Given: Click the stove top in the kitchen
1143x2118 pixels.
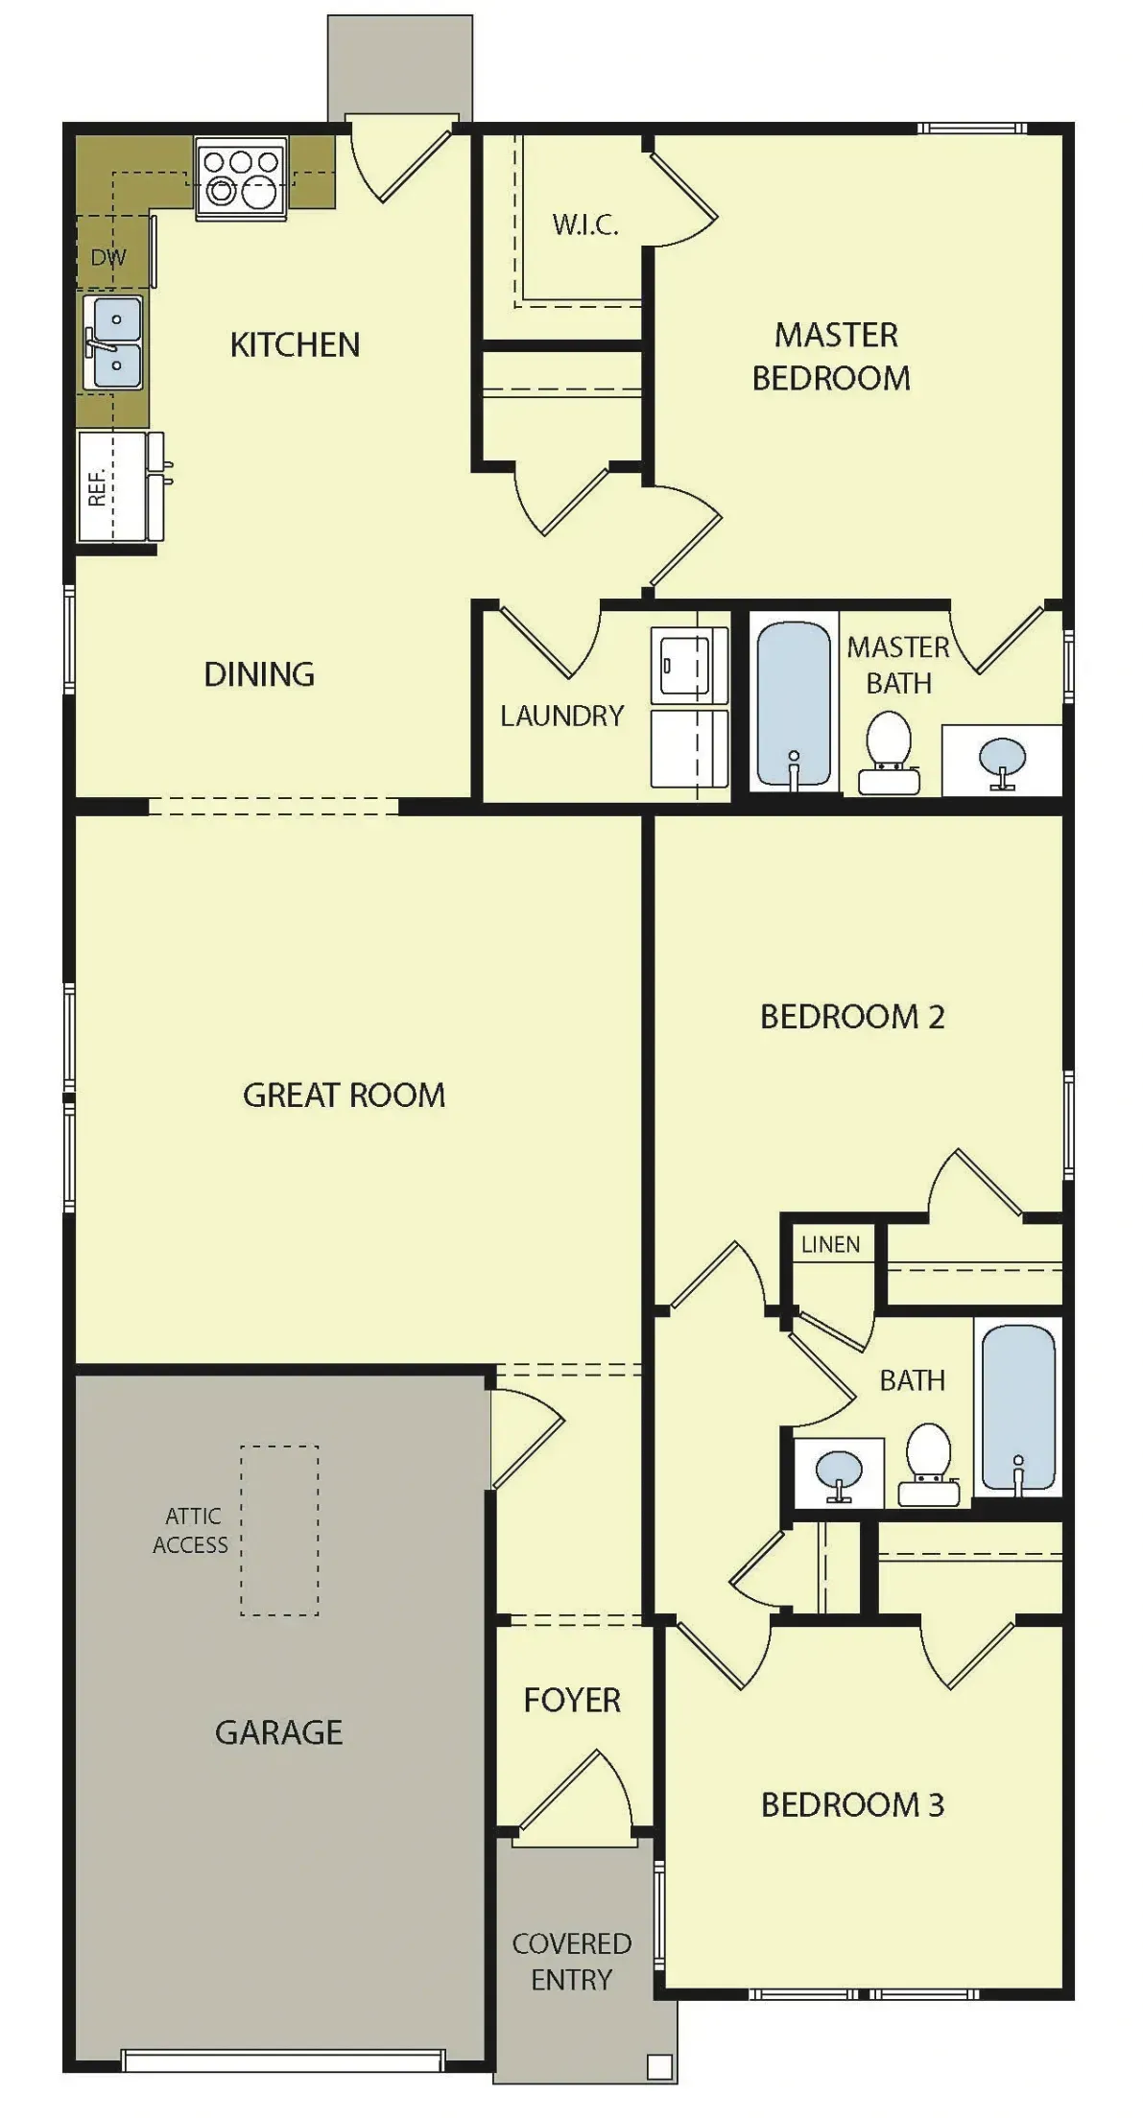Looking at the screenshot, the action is [x=242, y=178].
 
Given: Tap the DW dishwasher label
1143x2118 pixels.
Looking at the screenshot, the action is [x=108, y=257].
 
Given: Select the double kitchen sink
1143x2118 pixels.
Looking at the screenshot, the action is [x=114, y=342].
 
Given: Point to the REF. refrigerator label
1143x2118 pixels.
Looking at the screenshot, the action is [x=97, y=486].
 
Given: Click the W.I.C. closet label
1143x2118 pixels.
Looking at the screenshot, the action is [x=584, y=225].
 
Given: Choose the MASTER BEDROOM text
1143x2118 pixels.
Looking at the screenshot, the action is [x=832, y=356].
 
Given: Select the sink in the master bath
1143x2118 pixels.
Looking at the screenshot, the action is [x=1002, y=761].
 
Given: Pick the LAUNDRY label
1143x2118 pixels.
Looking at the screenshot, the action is [x=561, y=716].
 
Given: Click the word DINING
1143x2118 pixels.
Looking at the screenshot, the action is [x=259, y=674].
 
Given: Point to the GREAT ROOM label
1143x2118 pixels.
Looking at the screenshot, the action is [x=344, y=1094].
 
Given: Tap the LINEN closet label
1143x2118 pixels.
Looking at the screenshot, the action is [x=830, y=1244].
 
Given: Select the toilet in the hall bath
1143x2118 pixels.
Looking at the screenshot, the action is [x=928, y=1465].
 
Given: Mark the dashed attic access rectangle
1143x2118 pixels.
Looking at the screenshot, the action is [x=279, y=1530].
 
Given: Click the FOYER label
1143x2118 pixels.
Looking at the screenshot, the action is [x=572, y=1700].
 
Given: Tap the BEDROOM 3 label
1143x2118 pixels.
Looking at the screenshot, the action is [x=852, y=1804].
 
